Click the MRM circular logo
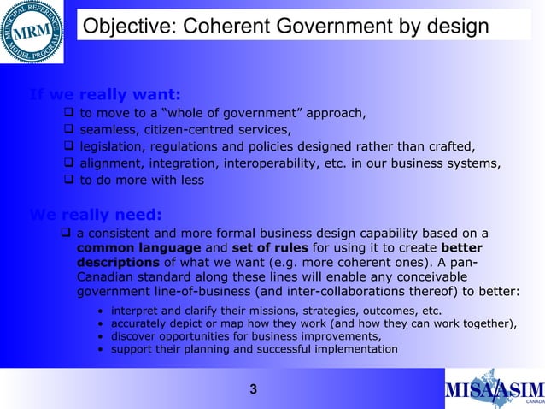[x=32, y=32]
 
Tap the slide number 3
[x=253, y=391]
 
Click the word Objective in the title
[x=123, y=27]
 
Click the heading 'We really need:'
[x=95, y=214]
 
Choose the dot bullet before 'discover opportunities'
[x=102, y=336]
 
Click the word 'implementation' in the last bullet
[x=353, y=349]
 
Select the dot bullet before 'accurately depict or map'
[x=102, y=323]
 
